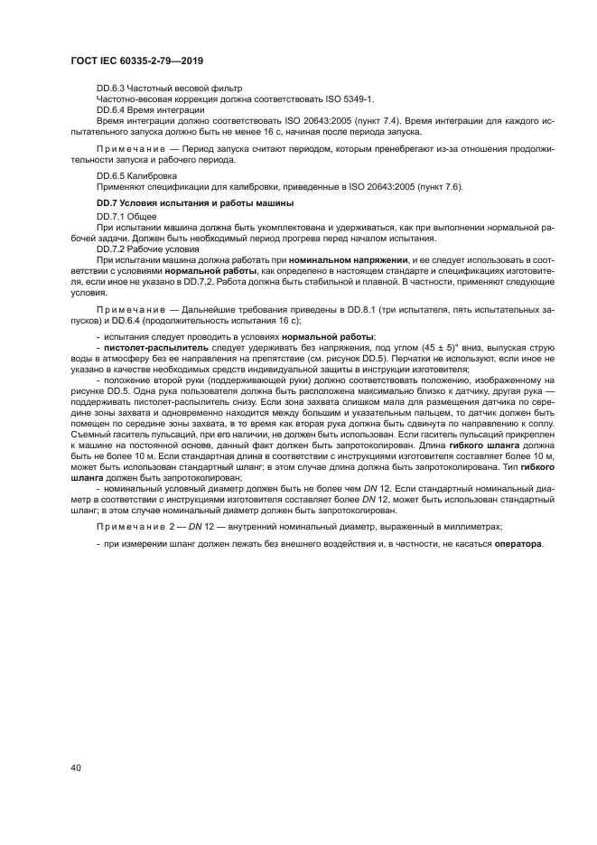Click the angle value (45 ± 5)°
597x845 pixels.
[443, 347]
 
